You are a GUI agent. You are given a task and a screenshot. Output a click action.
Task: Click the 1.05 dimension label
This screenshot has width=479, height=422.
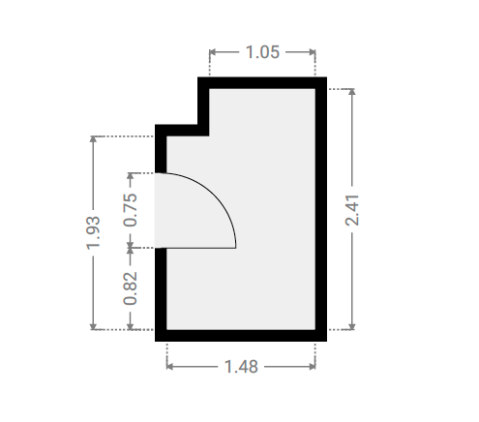pos(262,52)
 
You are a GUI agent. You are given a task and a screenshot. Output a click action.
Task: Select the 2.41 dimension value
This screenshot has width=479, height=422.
pos(352,210)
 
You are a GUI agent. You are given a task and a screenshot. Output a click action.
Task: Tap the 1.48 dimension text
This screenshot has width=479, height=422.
pos(241,367)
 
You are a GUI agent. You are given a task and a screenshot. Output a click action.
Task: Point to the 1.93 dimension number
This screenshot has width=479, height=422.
pos(93,233)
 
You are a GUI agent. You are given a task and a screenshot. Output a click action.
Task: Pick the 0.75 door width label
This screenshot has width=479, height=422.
pos(131,210)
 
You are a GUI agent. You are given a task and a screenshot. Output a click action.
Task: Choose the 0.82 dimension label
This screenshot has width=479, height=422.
pos(131,288)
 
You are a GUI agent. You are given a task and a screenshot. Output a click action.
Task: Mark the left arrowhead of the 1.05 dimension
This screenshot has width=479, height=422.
pos(213,52)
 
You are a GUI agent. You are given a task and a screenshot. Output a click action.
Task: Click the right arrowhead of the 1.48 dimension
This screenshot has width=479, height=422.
pos(312,367)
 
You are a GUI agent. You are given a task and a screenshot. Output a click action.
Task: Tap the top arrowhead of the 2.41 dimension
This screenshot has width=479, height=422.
pos(352,92)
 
